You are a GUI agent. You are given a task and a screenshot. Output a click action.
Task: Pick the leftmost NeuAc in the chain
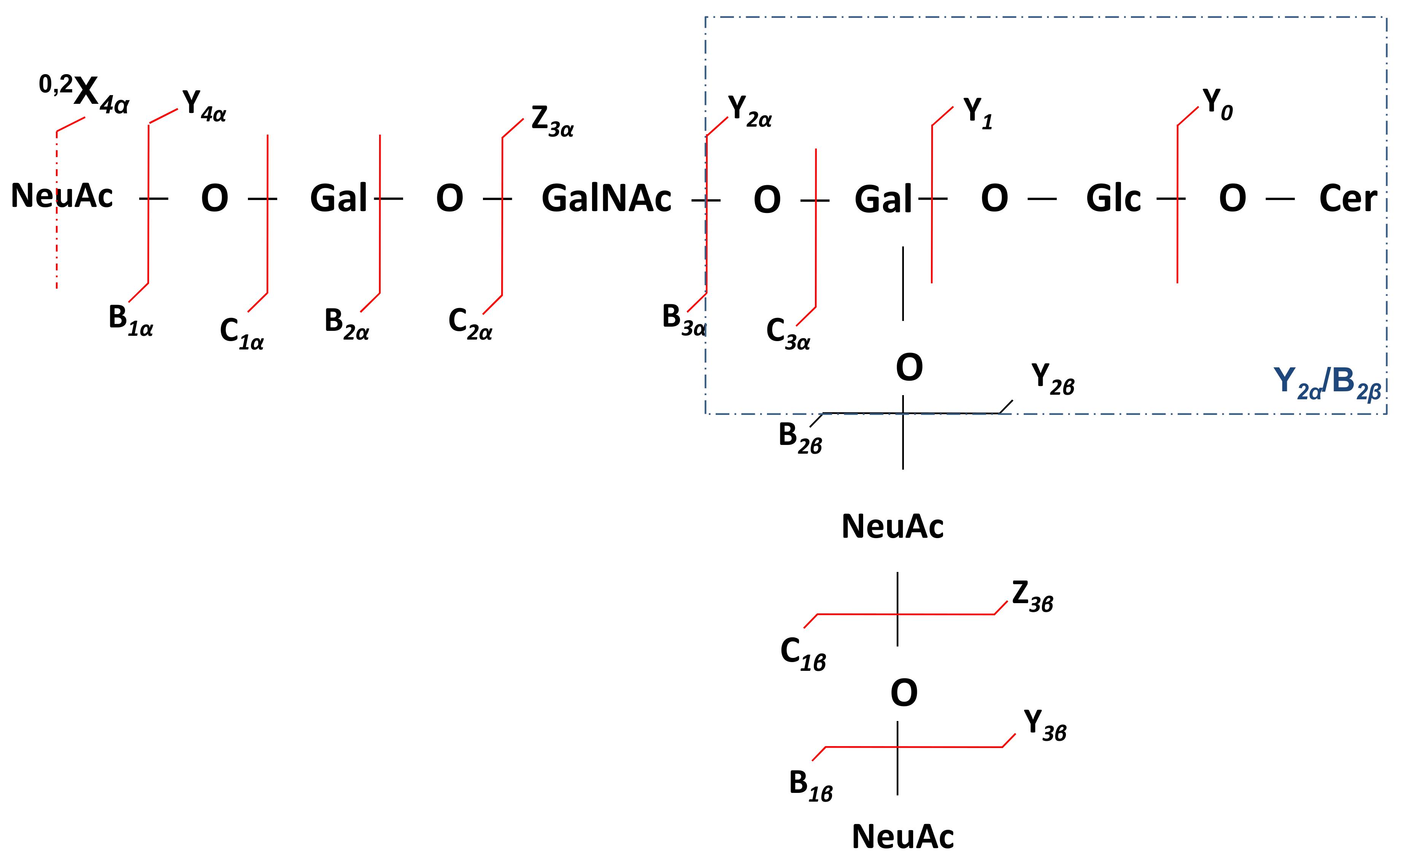click(62, 195)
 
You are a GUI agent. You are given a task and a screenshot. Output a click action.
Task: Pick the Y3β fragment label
click(1044, 724)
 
